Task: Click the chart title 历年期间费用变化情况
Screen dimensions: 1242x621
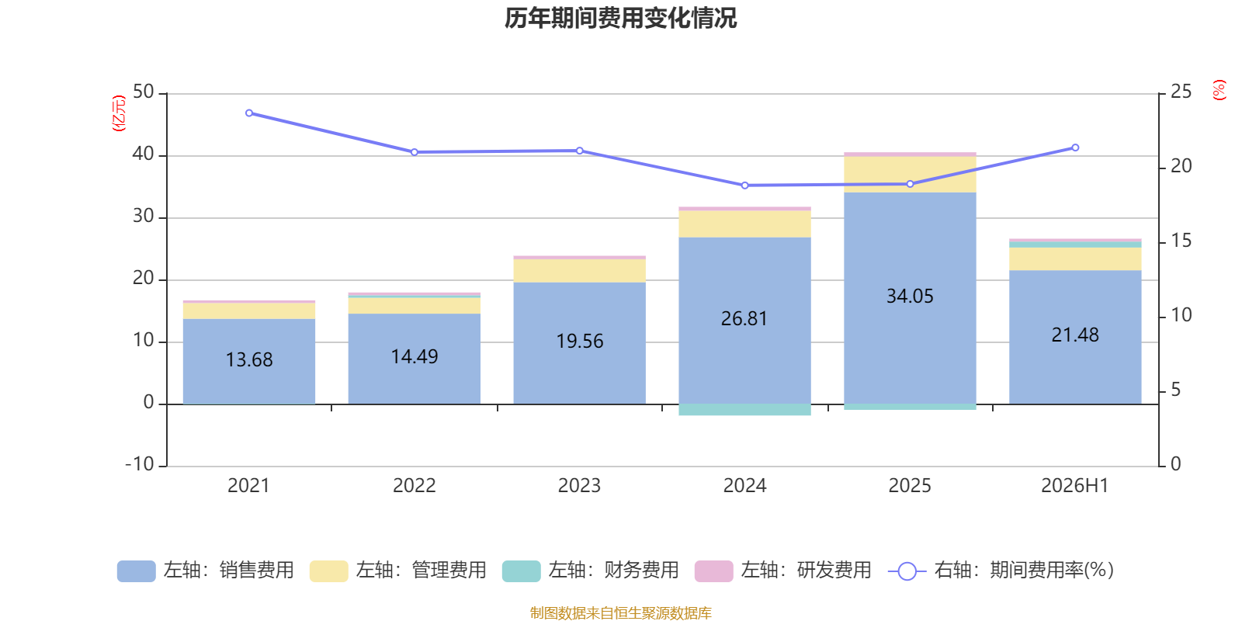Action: click(620, 19)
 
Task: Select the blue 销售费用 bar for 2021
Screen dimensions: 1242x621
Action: click(249, 362)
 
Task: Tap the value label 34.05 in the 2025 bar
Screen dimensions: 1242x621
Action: click(910, 296)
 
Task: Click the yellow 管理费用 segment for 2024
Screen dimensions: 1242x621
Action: click(744, 224)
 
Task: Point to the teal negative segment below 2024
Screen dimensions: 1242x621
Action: click(744, 410)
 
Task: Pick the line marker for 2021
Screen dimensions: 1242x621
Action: click(249, 113)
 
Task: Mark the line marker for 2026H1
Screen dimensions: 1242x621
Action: click(1075, 147)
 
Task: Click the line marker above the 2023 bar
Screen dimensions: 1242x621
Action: click(579, 151)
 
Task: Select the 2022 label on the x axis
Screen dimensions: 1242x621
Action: click(415, 486)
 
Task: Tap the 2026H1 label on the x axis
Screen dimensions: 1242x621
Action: click(1074, 486)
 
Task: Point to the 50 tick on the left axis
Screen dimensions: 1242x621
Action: click(143, 92)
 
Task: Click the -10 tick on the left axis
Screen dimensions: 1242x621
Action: click(140, 464)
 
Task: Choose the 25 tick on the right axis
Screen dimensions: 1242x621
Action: click(1181, 92)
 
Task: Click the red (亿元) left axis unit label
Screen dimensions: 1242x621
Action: click(119, 113)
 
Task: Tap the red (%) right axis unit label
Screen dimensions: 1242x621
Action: click(1219, 90)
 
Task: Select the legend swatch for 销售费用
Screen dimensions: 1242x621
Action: click(137, 571)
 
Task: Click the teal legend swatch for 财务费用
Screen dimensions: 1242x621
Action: click(521, 571)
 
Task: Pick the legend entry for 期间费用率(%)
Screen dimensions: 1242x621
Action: click(1001, 571)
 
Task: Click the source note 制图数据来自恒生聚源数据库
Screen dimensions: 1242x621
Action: click(620, 612)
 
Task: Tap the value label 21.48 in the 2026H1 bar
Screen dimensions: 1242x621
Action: click(1075, 335)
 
